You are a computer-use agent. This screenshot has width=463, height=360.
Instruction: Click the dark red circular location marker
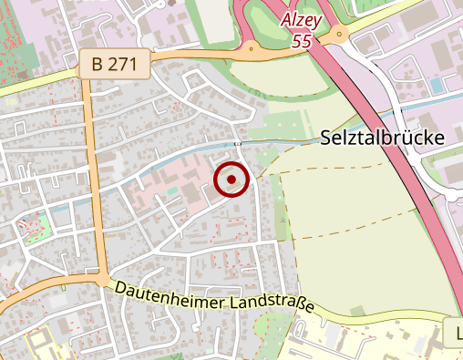pyautogui.click(x=231, y=180)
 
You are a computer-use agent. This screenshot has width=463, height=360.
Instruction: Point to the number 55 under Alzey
pyautogui.click(x=303, y=41)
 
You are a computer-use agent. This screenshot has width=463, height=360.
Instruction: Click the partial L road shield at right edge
pyautogui.click(x=456, y=332)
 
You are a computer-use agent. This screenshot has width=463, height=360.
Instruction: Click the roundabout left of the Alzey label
pyautogui.click(x=249, y=46)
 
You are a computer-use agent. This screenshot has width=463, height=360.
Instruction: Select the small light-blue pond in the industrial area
pyautogui.click(x=435, y=85)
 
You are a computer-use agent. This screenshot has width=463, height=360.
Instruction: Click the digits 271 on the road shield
pyautogui.click(x=126, y=65)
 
